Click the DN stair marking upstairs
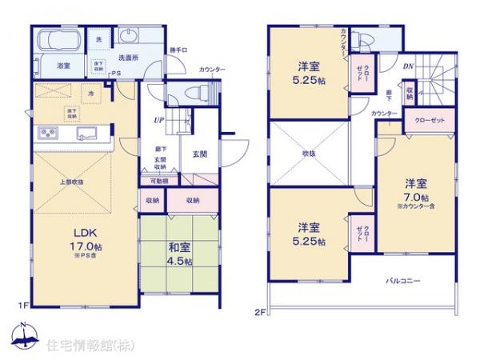pyautogui.click(x=407, y=67)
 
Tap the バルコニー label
pyautogui.click(x=403, y=281)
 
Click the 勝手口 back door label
pyautogui.click(x=178, y=50)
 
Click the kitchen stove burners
pyautogui.click(x=46, y=133)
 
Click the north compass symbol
pyautogui.click(x=24, y=336)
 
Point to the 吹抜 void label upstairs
pyautogui.click(x=308, y=153)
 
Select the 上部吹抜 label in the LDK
pyautogui.click(x=72, y=182)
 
